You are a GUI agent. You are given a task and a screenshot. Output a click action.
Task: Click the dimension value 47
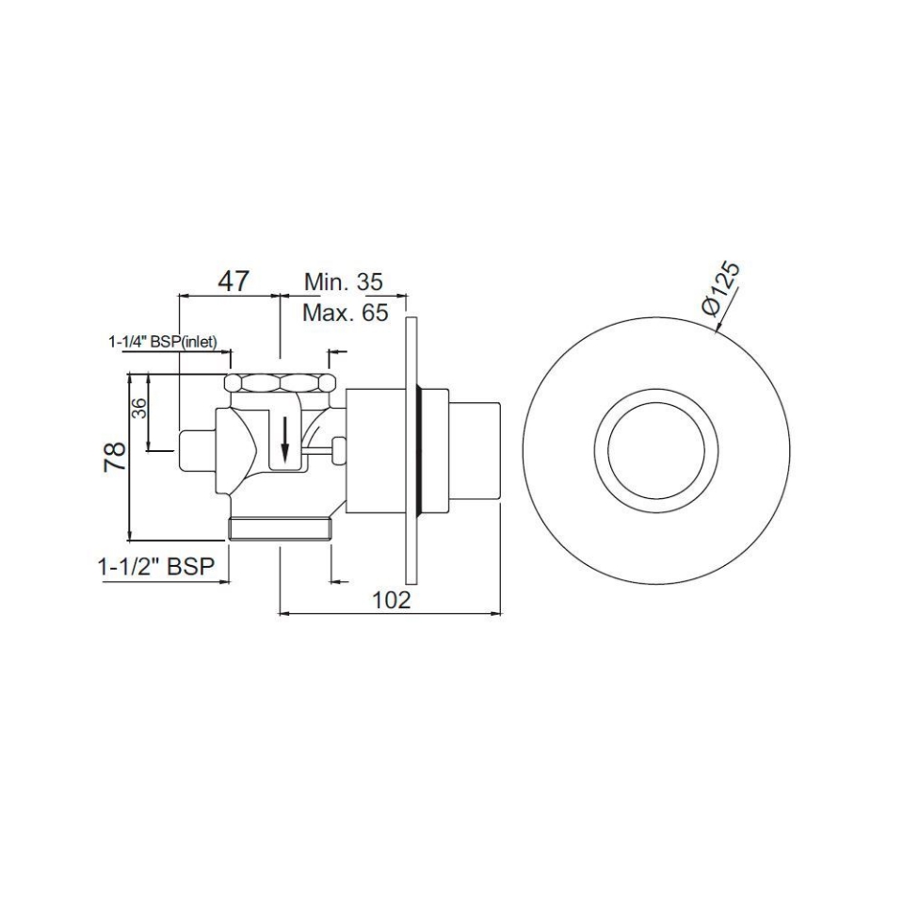[x=234, y=280]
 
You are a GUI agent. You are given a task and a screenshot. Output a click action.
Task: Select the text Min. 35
[x=343, y=282]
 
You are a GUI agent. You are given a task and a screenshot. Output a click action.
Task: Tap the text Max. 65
[x=345, y=313]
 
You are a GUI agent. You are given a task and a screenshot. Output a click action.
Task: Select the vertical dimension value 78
[x=115, y=458]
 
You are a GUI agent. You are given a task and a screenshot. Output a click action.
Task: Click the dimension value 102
[x=392, y=600]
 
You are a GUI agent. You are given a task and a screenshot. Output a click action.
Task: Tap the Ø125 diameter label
[x=722, y=288]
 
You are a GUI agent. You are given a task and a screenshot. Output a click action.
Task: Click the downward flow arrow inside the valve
[x=285, y=436]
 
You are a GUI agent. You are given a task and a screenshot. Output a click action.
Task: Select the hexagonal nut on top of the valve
[x=280, y=383]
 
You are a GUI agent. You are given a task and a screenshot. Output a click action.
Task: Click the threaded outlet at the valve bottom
[x=280, y=528]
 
